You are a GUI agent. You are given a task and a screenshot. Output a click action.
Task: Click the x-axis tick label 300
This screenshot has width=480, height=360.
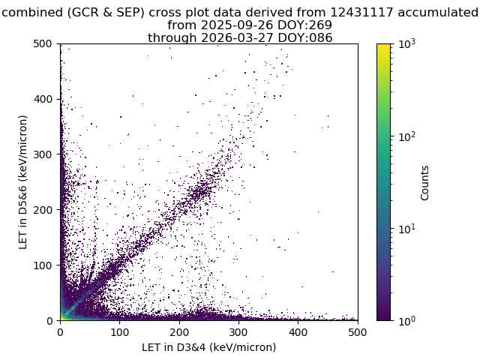(x=238, y=332)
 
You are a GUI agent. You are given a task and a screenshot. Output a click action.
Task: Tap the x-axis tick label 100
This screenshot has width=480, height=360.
(x=120, y=332)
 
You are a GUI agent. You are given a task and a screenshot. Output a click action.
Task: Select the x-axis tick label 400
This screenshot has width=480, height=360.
(x=298, y=332)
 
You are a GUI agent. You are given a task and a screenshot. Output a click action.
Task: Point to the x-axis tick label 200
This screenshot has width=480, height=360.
(x=179, y=332)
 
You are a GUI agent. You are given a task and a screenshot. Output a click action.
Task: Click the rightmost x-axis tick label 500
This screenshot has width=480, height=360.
(x=357, y=332)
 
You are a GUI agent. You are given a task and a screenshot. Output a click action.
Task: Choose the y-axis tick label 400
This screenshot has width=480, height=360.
(x=43, y=99)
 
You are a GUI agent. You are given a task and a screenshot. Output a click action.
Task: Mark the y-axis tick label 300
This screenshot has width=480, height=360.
(x=43, y=154)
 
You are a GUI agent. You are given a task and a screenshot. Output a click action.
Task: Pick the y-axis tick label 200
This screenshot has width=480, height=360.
(x=43, y=210)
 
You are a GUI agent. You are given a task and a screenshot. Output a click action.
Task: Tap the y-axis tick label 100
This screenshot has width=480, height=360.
(x=43, y=265)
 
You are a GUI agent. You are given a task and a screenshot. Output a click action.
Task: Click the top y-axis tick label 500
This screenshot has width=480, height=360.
(x=43, y=43)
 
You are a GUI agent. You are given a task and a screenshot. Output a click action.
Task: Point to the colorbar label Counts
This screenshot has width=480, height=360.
(x=424, y=183)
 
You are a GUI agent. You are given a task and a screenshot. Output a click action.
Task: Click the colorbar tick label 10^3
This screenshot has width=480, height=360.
(x=406, y=44)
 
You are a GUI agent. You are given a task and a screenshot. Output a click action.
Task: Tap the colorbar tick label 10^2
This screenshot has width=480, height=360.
(x=406, y=136)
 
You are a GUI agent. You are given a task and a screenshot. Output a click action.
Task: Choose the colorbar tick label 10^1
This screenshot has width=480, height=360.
(x=406, y=229)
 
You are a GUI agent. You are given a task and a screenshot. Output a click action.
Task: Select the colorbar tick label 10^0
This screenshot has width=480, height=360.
(x=406, y=321)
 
